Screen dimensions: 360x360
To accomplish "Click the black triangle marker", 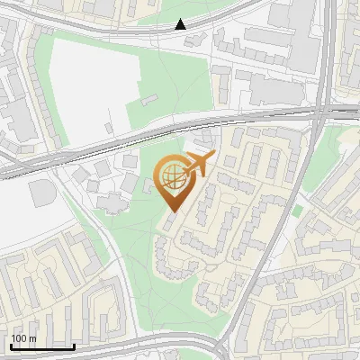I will pyautogui.click(x=181, y=24).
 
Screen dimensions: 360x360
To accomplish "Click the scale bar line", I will pyautogui.click(x=42, y=346).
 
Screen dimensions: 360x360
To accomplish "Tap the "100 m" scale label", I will pyautogui.click(x=23, y=338).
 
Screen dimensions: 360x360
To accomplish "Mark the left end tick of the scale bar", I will pyautogui.click(x=10, y=345).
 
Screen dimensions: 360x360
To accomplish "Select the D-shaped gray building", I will pyautogui.click(x=41, y=192).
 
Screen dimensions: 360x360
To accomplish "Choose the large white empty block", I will pyautogui.click(x=85, y=85).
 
